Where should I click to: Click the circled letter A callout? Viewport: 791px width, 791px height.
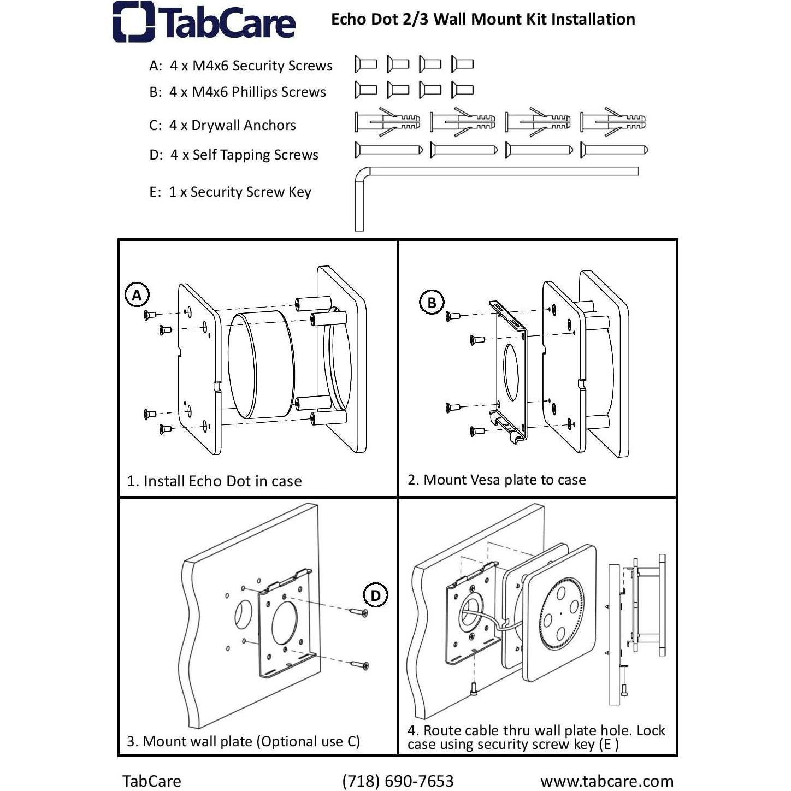pyautogui.click(x=137, y=294)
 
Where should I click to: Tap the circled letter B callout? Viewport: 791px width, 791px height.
pyautogui.click(x=432, y=303)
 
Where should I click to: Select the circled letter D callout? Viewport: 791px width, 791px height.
pyautogui.click(x=375, y=595)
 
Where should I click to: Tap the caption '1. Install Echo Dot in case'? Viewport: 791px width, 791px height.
pyautogui.click(x=214, y=481)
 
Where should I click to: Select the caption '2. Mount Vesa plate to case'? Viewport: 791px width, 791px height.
pyautogui.click(x=497, y=480)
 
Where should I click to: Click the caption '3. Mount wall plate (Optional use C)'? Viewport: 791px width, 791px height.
pyautogui.click(x=244, y=741)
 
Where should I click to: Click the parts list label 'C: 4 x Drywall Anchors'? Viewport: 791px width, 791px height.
pyautogui.click(x=222, y=125)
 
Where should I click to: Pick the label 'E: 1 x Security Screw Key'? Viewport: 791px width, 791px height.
pyautogui.click(x=231, y=192)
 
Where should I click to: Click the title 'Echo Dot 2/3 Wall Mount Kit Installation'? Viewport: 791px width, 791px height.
pyautogui.click(x=483, y=19)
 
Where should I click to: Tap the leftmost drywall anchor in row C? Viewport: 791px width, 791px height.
pyautogui.click(x=387, y=122)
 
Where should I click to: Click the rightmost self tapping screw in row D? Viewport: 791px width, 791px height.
pyautogui.click(x=614, y=150)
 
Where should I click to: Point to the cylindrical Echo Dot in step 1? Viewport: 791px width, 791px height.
pyautogui.click(x=261, y=365)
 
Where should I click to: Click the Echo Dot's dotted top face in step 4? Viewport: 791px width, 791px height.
pyautogui.click(x=560, y=613)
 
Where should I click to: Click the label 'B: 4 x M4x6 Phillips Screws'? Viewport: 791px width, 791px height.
pyautogui.click(x=238, y=92)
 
